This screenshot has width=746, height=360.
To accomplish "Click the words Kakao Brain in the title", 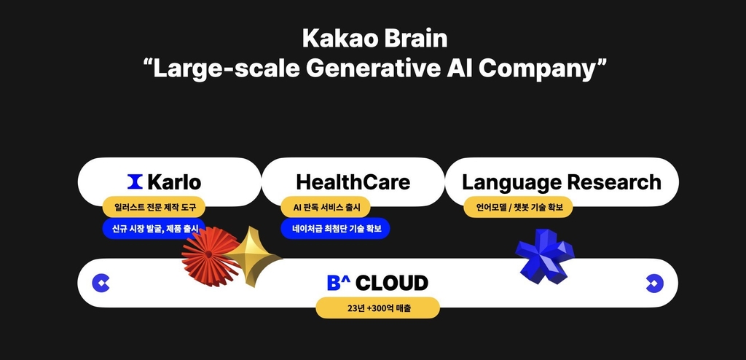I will pyautogui.click(x=372, y=37).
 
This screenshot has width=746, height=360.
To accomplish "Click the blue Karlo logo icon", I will pyautogui.click(x=135, y=181).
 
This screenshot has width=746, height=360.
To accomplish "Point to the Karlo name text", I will pyautogui.click(x=173, y=181).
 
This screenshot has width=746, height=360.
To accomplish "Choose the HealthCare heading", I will pyautogui.click(x=353, y=181).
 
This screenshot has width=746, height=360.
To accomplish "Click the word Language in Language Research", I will pyautogui.click(x=508, y=181).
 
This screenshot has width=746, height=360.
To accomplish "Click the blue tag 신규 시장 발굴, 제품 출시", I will pyautogui.click(x=154, y=229).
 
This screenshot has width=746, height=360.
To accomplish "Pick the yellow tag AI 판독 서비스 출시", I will pyautogui.click(x=326, y=207).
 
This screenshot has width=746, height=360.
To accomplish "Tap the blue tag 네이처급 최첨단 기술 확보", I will pyautogui.click(x=336, y=229).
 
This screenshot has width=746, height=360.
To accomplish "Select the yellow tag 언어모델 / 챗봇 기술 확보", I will pyautogui.click(x=518, y=207).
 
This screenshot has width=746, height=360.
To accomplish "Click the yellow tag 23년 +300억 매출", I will pyautogui.click(x=377, y=308).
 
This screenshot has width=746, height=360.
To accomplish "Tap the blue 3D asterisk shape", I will pyautogui.click(x=544, y=257).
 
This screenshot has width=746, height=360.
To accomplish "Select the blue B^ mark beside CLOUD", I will pyautogui.click(x=339, y=283).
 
